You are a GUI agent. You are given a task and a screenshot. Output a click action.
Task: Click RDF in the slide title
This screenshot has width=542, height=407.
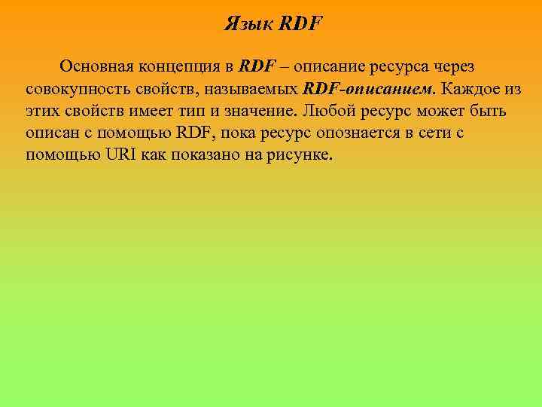coord(300,23)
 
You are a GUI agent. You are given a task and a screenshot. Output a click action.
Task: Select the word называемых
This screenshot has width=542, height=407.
coord(254,89)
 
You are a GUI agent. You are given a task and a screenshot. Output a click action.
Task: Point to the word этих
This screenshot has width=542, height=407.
coord(44,112)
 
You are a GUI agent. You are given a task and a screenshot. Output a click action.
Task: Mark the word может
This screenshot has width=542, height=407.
coord(441,112)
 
